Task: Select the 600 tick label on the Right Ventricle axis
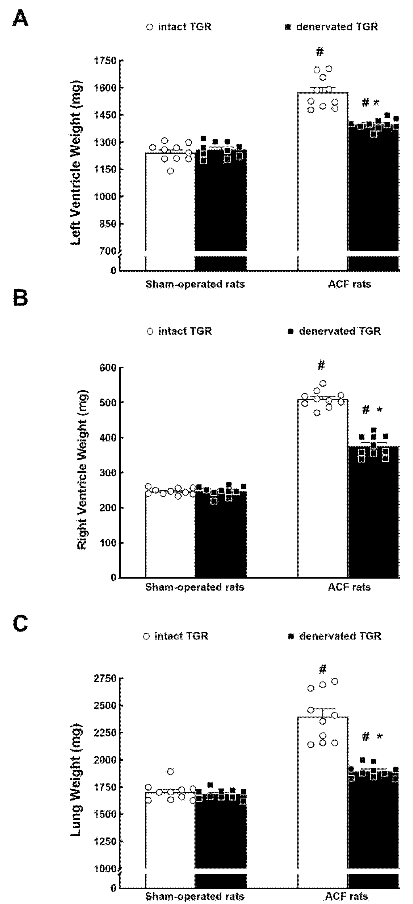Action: click(108, 368)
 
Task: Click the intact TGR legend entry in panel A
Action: click(179, 27)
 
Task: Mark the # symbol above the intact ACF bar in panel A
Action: click(319, 52)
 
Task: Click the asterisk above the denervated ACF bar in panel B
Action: click(379, 410)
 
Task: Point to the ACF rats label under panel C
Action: click(346, 896)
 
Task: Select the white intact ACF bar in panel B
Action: click(322, 491)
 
